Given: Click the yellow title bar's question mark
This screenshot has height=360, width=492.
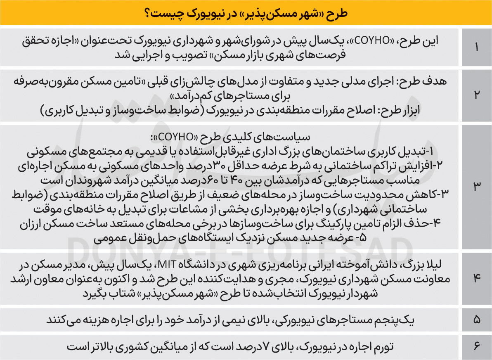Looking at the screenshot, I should click(147, 12).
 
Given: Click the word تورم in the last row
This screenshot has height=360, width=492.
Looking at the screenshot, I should click(382, 347).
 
